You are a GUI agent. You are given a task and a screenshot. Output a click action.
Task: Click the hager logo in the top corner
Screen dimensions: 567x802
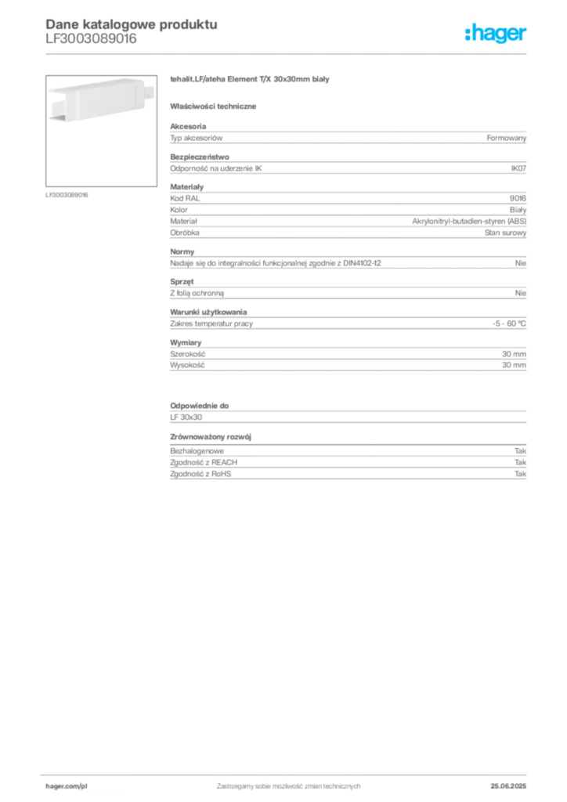(495, 33)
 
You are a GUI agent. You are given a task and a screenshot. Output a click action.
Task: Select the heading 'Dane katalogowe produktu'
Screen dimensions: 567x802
(132, 24)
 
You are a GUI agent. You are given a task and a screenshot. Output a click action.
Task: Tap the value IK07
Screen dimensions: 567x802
(518, 168)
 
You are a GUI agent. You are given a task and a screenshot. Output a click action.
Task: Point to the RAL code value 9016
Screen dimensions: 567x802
(518, 198)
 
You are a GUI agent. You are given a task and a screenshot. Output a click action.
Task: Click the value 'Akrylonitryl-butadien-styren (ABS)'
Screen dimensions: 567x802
(469, 221)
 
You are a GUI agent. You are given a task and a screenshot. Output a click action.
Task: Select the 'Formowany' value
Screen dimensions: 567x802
(506, 138)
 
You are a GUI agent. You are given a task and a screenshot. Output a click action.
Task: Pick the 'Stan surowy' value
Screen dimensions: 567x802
(505, 233)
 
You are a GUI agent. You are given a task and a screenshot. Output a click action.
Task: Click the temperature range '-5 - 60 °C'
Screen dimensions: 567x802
(509, 323)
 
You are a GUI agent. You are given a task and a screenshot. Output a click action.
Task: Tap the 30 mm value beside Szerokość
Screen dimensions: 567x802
(514, 354)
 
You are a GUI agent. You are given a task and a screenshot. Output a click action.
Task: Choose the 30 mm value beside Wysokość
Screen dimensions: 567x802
(514, 365)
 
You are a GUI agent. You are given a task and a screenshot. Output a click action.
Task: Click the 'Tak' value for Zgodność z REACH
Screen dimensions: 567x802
(521, 462)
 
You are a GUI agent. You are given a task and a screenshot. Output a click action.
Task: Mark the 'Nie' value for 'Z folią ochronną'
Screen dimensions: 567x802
(521, 293)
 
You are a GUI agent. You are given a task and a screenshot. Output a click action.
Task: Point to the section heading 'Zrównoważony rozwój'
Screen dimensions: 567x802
(211, 437)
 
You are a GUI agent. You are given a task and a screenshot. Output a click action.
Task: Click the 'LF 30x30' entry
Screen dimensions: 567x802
(186, 417)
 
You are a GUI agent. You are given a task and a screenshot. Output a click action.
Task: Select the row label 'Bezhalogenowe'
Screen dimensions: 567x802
(197, 451)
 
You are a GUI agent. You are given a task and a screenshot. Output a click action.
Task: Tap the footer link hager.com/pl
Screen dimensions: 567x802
(67, 786)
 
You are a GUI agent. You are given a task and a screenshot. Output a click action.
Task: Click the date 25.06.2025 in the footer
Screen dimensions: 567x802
(508, 786)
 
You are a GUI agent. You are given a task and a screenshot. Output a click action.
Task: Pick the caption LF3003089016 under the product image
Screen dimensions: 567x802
(67, 195)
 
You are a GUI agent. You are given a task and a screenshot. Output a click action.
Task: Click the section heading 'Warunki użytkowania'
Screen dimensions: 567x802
(208, 312)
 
